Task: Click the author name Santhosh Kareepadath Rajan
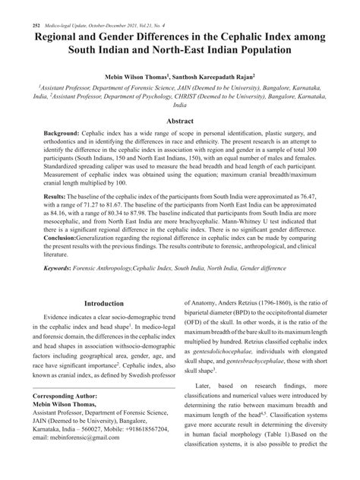click(x=231, y=77)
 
